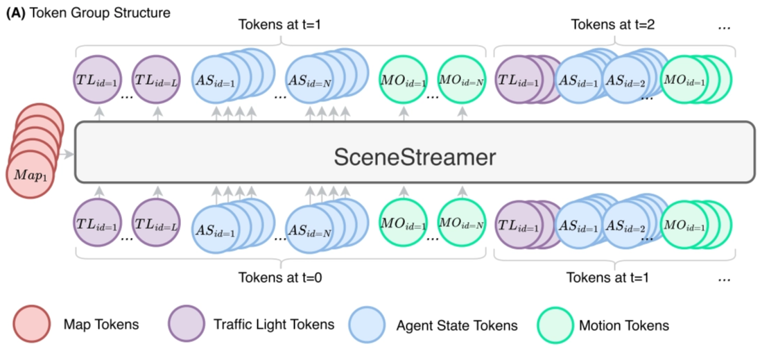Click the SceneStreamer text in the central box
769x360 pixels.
415,157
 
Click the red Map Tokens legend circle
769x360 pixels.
31,325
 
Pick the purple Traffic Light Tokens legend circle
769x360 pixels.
187,325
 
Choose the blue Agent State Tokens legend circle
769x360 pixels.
368,325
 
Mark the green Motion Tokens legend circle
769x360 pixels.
556,325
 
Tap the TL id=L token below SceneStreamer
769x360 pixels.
157,224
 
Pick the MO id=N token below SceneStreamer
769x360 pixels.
462,224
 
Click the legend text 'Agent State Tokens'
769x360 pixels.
456,325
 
